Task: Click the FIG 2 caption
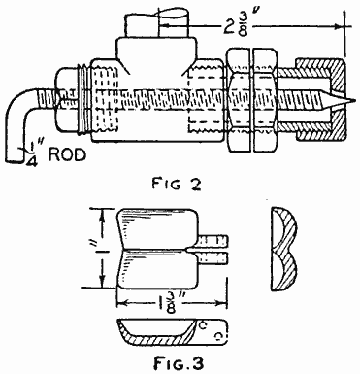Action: (177, 184)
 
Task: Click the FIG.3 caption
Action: (179, 363)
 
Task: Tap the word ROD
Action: (67, 155)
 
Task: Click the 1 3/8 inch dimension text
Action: (170, 303)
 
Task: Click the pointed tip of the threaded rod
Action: (354, 101)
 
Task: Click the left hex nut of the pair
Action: (239, 100)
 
